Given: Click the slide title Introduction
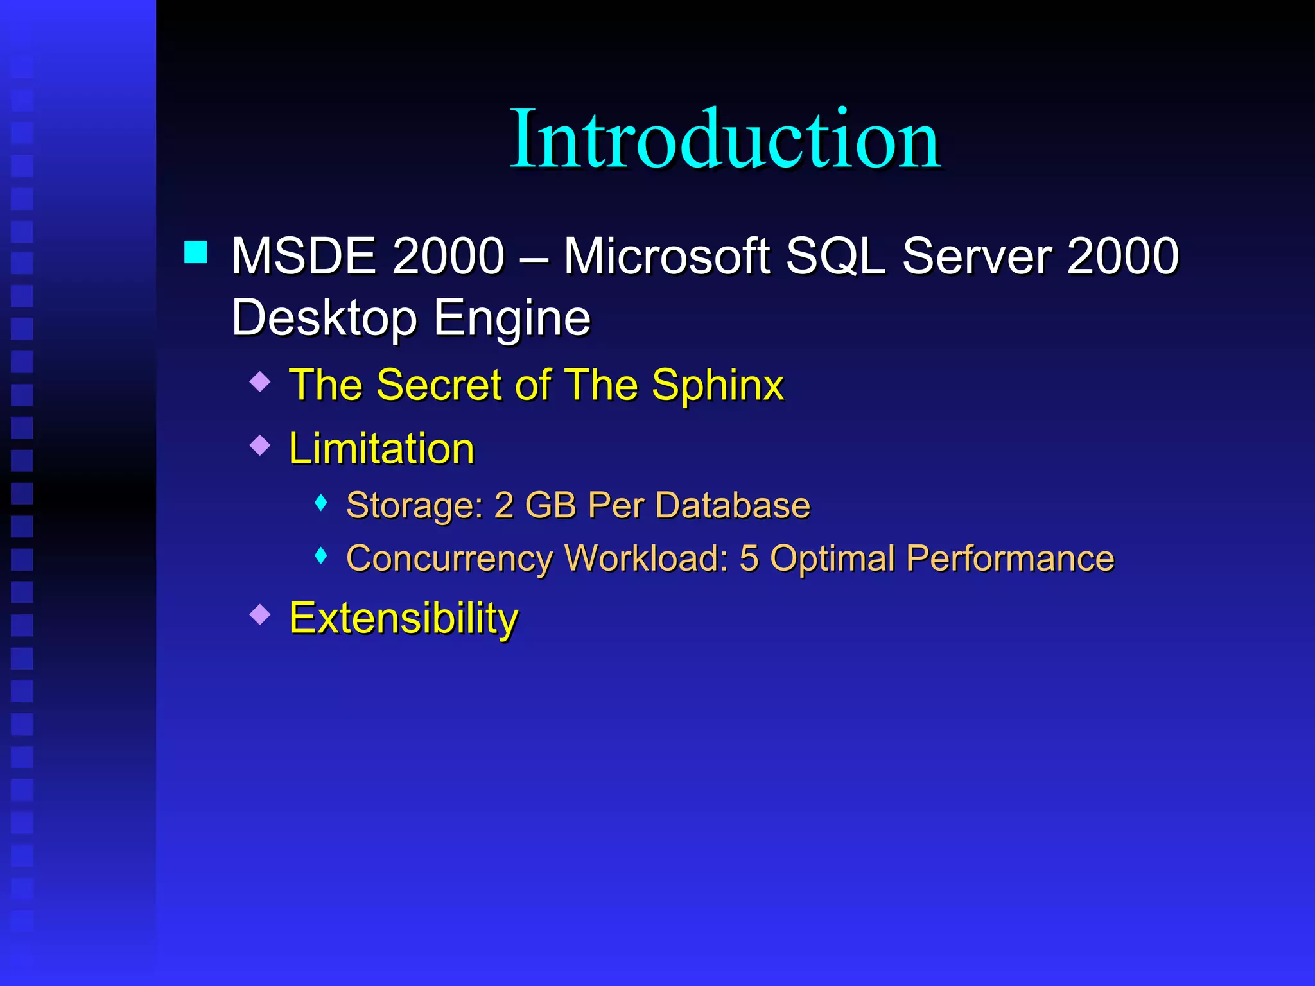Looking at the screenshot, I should click(725, 139).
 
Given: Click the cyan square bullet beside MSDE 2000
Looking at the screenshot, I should click(196, 252).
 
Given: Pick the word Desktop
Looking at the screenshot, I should click(324, 318).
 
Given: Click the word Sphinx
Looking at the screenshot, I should click(718, 386).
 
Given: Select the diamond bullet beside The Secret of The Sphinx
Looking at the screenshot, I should click(260, 382).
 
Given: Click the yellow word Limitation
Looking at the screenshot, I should click(381, 448).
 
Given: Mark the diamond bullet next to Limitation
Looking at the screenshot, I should click(260, 445).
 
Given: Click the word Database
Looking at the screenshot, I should click(733, 505).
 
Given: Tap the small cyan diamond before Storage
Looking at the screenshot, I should click(322, 503).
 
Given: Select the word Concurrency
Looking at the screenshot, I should click(449, 558).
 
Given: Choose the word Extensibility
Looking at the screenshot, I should click(403, 618).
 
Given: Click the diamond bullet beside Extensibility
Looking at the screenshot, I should click(260, 614).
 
